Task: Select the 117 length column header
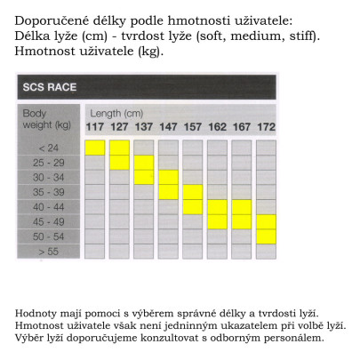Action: (x=95, y=126)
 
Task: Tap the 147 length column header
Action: (x=168, y=126)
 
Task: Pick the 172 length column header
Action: (x=266, y=126)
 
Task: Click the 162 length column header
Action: (x=217, y=126)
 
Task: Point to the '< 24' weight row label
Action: (x=48, y=148)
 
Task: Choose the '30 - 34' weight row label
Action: (x=48, y=177)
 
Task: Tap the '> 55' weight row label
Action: (x=48, y=251)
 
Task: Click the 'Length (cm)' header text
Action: (x=116, y=113)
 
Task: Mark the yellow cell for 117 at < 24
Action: (x=95, y=148)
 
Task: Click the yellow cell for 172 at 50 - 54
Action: (x=266, y=236)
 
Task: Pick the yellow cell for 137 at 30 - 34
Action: (x=144, y=177)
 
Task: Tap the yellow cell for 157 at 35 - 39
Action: (x=193, y=192)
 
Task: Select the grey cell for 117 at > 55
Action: (x=95, y=251)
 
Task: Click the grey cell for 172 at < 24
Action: (x=266, y=148)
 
